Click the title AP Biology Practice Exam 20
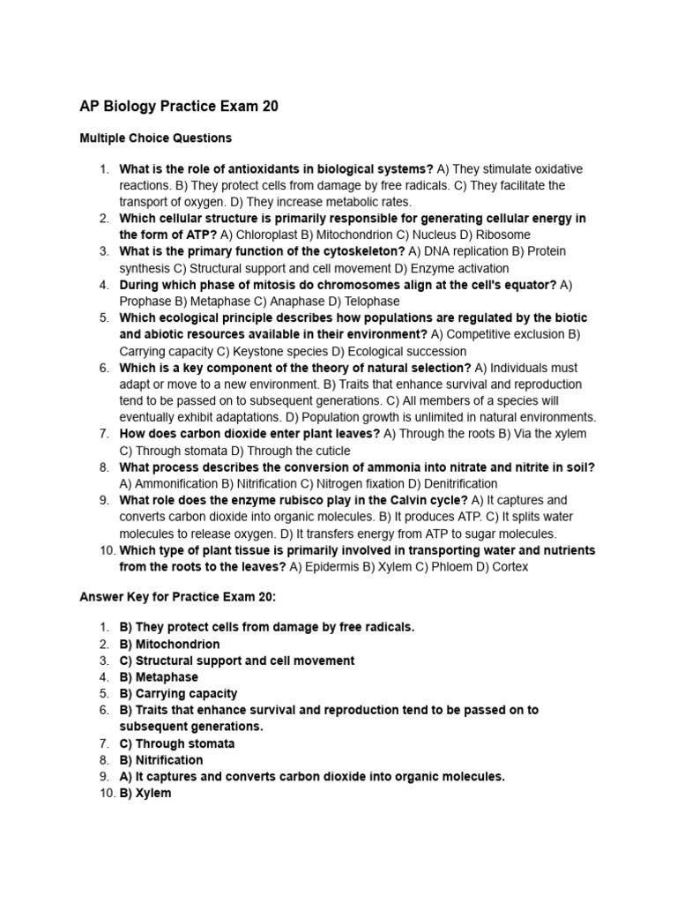pos(179,107)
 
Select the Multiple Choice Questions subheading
pos(155,138)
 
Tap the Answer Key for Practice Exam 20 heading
pos(178,596)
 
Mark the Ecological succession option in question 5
pos(381,351)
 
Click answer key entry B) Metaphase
pos(159,677)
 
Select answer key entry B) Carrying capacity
pos(178,694)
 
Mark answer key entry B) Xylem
pos(145,794)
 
